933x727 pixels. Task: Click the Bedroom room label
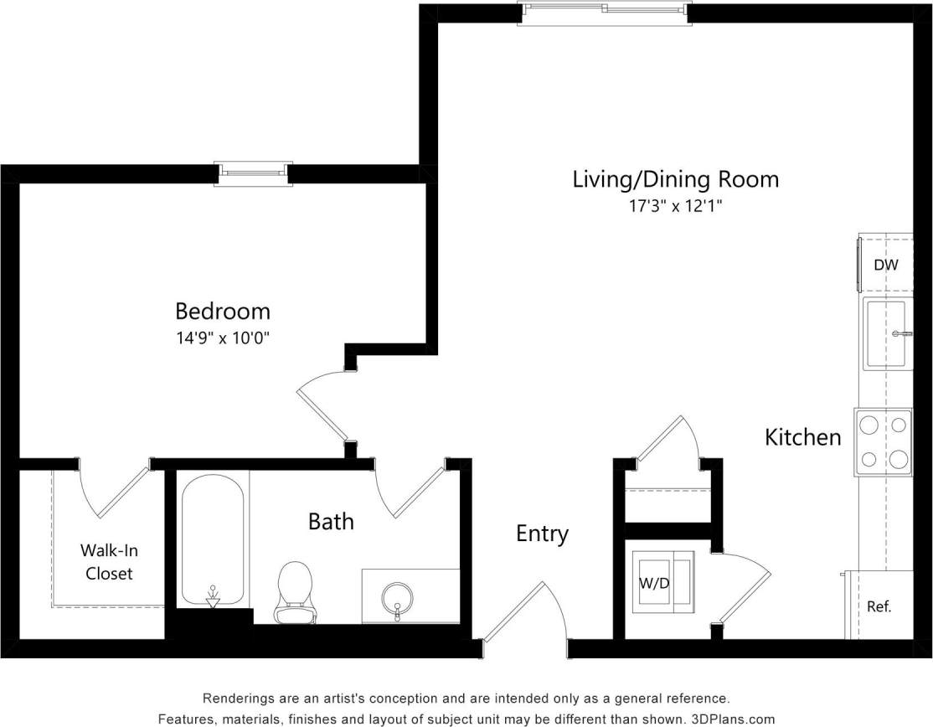pos(222,312)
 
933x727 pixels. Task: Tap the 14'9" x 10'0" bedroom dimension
pos(222,338)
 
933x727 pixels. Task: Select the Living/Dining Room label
pos(675,179)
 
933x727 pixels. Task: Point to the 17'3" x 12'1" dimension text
pos(675,206)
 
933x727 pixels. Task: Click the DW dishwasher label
pos(885,266)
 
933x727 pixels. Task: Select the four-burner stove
pos(883,441)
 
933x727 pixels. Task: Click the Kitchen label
pos(802,437)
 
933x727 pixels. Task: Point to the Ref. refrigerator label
pos(879,607)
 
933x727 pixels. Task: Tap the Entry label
pos(542,534)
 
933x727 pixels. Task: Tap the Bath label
pos(331,522)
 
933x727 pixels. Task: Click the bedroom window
pos(252,173)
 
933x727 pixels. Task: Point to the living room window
pos(604,13)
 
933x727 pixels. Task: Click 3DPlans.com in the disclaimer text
pos(735,719)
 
